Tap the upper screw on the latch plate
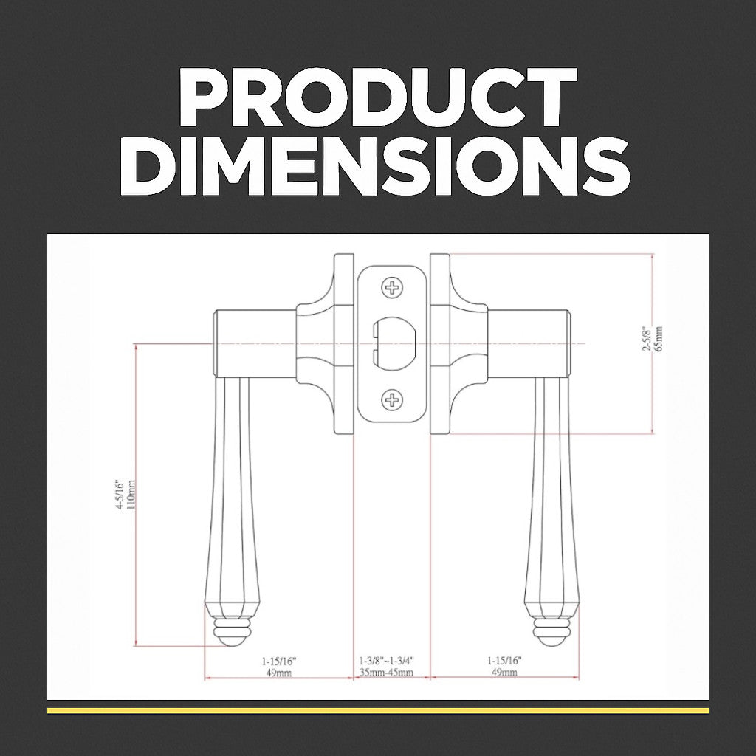coord(392,288)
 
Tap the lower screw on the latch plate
coord(392,400)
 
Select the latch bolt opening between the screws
coord(394,344)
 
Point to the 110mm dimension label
coord(131,494)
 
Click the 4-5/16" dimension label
coord(120,495)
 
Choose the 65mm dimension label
coord(659,339)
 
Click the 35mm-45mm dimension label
coord(386,672)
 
